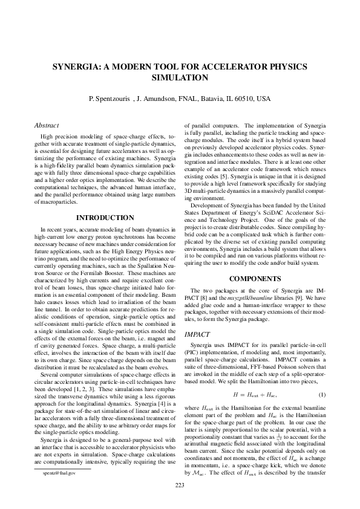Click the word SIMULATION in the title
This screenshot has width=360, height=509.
180,77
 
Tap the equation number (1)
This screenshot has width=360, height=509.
322,395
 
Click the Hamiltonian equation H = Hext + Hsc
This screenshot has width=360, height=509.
254,395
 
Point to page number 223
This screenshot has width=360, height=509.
180,486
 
